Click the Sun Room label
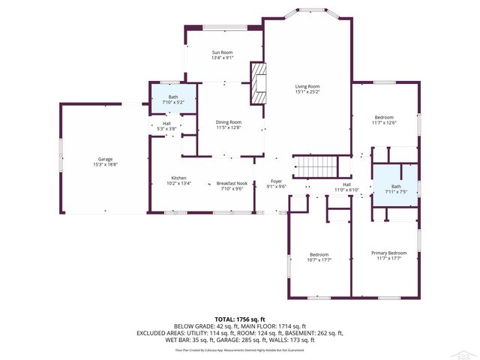[x=222, y=52]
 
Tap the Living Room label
[x=307, y=86]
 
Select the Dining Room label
[x=229, y=122]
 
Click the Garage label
[x=104, y=159]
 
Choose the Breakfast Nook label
[x=231, y=183]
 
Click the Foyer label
[x=277, y=181]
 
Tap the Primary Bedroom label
[x=388, y=253]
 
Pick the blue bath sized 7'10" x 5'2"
[x=173, y=97]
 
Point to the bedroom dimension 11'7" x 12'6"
[x=384, y=123]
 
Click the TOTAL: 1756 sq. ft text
[x=240, y=319]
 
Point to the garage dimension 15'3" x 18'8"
[x=104, y=165]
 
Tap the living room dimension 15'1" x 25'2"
[x=307, y=92]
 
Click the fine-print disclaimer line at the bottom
[x=240, y=349]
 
